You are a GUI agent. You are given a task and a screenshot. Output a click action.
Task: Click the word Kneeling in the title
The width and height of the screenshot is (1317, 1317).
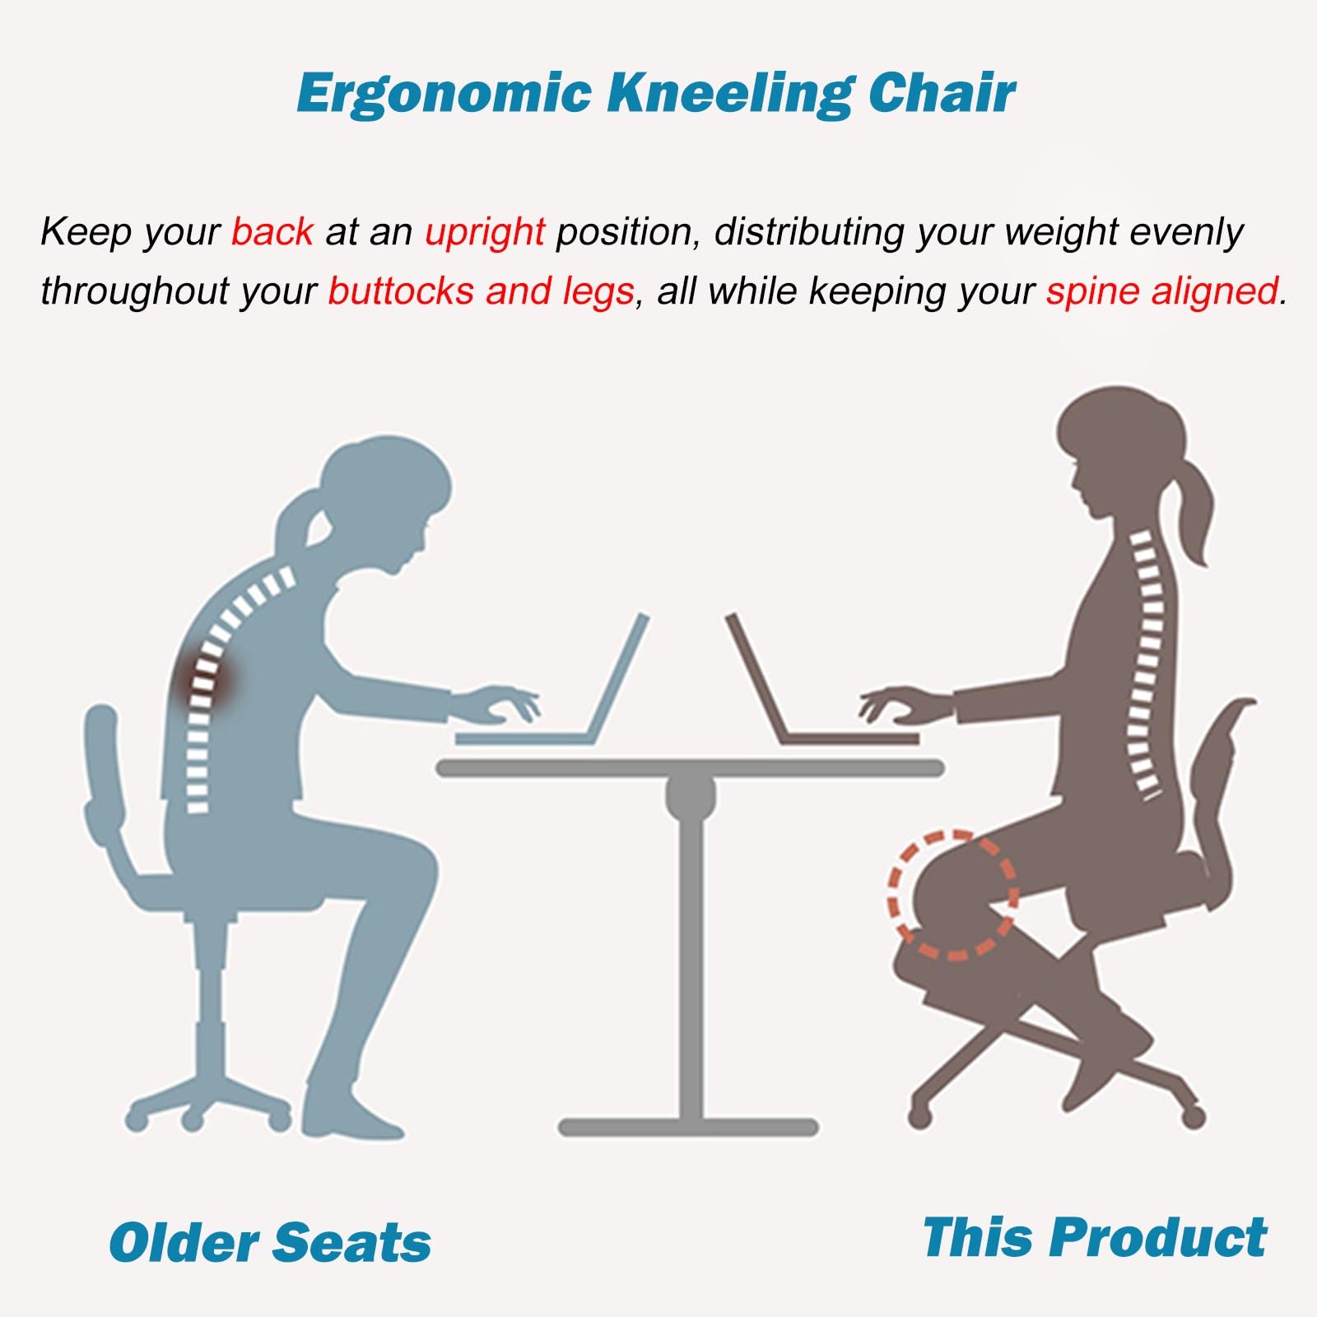point(729,93)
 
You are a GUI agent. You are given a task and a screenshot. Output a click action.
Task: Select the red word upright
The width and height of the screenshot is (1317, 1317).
point(484,232)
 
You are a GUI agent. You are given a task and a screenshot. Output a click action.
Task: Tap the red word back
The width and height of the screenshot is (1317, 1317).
point(272,231)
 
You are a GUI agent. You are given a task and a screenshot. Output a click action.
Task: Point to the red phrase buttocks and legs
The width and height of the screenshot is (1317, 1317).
point(481,291)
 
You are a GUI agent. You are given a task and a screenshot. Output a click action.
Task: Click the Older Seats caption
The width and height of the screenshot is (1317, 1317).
point(270,1242)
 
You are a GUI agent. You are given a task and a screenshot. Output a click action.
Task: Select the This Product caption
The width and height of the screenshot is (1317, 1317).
point(1095,1237)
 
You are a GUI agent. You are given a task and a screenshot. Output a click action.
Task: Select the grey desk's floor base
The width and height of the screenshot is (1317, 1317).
point(688,1126)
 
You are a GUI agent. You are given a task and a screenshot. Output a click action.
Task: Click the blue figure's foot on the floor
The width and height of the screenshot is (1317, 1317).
point(349,1111)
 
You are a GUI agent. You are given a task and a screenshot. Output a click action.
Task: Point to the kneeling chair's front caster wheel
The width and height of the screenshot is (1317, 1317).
point(919,1116)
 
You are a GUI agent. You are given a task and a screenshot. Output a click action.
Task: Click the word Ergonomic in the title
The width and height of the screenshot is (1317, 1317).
point(444,93)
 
